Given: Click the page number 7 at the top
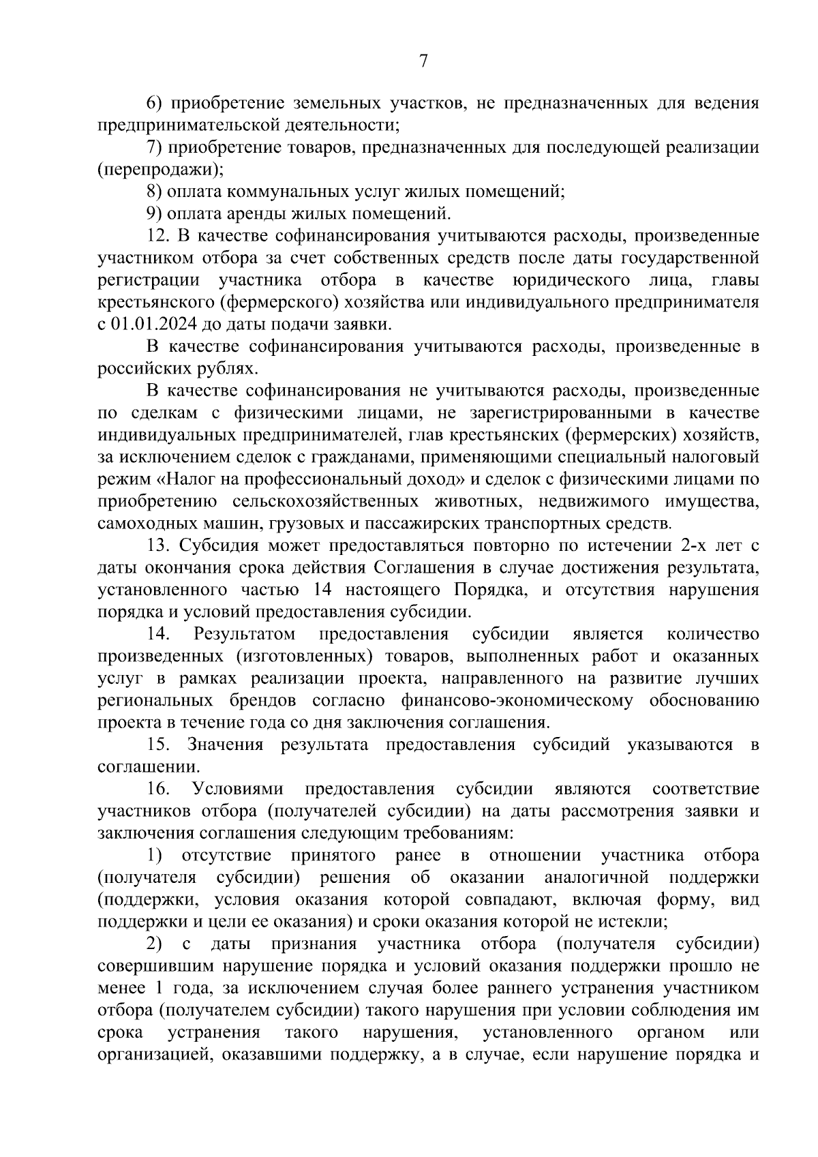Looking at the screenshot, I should click(x=423, y=61).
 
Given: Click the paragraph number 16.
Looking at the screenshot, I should click(x=157, y=789).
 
